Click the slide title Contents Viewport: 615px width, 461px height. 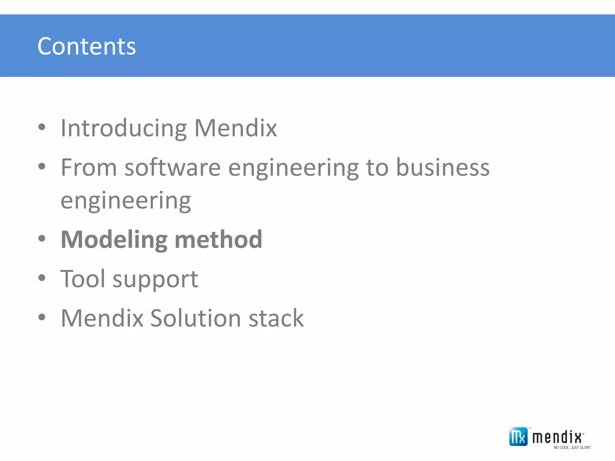86,46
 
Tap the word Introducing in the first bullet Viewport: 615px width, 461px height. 123,128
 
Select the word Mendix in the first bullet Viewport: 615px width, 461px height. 235,128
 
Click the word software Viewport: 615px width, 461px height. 172,167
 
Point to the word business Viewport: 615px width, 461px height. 443,167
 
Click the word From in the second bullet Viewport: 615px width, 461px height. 89,167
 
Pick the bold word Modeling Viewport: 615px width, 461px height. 114,240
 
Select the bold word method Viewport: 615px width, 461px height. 218,240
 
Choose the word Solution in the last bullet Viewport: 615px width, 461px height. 195,318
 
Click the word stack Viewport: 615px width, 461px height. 276,318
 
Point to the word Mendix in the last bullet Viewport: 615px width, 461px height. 102,318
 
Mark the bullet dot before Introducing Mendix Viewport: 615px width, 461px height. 42,127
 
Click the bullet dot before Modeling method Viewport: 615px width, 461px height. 42,239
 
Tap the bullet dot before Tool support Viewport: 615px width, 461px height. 42,278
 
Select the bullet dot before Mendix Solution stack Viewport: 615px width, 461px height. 42,317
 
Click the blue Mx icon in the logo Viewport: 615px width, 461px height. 518,436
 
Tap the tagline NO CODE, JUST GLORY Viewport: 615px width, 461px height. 572,447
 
